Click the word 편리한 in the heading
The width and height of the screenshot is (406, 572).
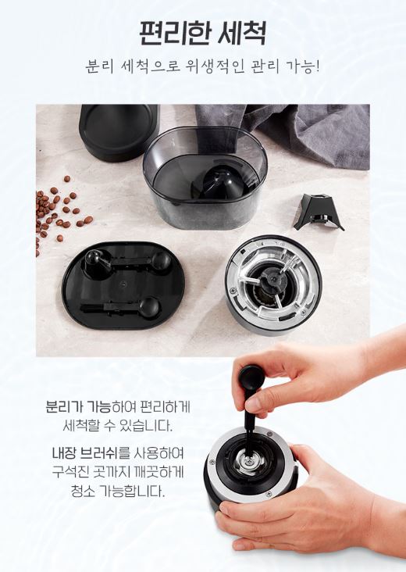(174, 33)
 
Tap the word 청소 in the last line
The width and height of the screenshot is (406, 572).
(83, 491)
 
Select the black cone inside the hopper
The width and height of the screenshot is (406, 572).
(221, 182)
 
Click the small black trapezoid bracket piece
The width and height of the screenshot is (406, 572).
(319, 212)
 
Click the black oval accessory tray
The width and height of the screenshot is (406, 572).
(123, 285)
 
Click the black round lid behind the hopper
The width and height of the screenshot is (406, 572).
(119, 132)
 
